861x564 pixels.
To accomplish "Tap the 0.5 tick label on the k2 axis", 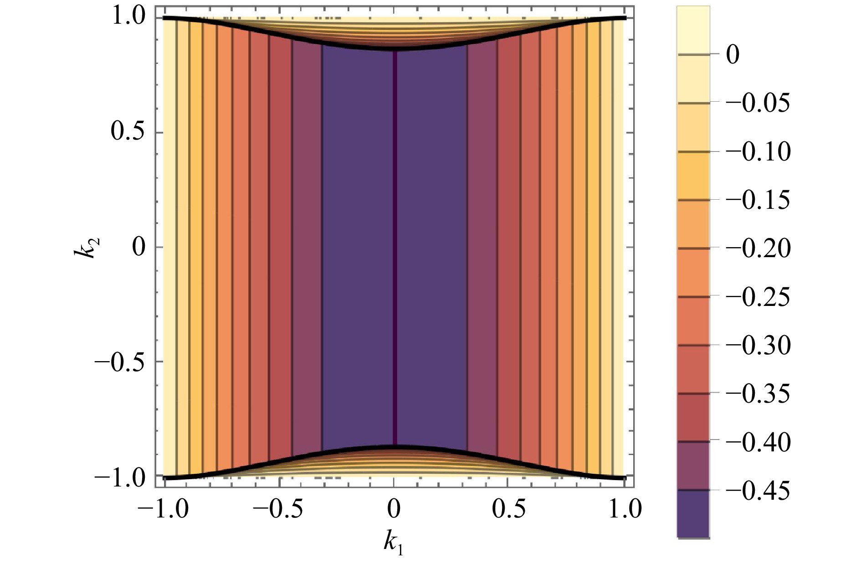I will point(128,132).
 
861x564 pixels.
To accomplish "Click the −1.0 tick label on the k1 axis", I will point(163,509).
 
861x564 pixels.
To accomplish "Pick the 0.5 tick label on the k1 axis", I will point(508,509).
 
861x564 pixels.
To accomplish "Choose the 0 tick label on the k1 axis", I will point(394,509).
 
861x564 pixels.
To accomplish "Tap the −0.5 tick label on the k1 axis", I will point(278,509).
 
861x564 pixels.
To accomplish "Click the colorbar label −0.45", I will point(758,491).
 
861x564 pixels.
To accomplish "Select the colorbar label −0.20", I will point(758,248).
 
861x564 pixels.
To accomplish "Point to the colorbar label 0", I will point(733,55).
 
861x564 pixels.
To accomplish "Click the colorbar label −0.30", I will point(758,345).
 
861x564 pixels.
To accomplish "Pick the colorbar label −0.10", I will point(758,151).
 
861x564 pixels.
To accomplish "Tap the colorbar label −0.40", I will point(758,442).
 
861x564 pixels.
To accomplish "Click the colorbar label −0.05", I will point(758,103).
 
